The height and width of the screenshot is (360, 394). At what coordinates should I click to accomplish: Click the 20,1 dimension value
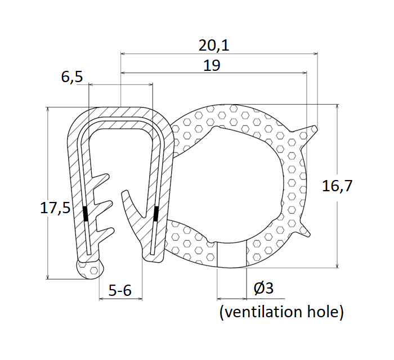214,44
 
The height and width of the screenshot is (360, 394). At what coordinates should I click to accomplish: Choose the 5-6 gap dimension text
120,290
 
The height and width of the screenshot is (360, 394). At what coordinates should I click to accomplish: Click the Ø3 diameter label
263,289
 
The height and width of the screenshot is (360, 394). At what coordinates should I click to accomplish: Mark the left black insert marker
86,214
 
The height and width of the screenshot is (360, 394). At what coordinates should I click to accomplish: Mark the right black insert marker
156,213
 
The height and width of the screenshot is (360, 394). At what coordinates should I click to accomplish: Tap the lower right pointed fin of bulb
308,231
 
